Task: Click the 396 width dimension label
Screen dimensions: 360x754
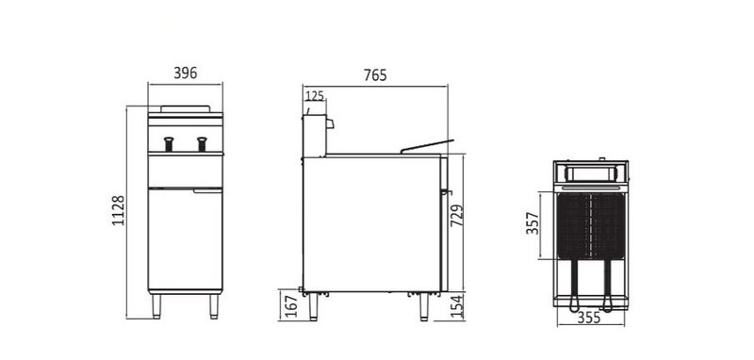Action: click(x=186, y=74)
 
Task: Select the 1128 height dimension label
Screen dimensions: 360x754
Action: click(x=118, y=213)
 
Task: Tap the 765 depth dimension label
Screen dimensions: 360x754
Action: click(x=374, y=75)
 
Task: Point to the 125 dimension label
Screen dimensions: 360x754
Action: click(x=314, y=95)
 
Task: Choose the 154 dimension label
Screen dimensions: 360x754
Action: click(x=457, y=306)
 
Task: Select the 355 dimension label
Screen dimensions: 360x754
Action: click(x=589, y=319)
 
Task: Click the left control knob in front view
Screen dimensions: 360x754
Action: click(x=170, y=143)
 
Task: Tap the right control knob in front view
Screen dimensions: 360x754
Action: click(x=201, y=143)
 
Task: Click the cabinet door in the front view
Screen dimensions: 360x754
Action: click(x=186, y=237)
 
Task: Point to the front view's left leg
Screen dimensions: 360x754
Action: click(x=156, y=304)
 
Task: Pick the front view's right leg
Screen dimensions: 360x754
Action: click(x=214, y=304)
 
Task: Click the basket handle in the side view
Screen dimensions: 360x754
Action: click(x=426, y=145)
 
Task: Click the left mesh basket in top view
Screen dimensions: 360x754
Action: click(x=574, y=226)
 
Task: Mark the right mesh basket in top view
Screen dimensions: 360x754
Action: click(x=605, y=226)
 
